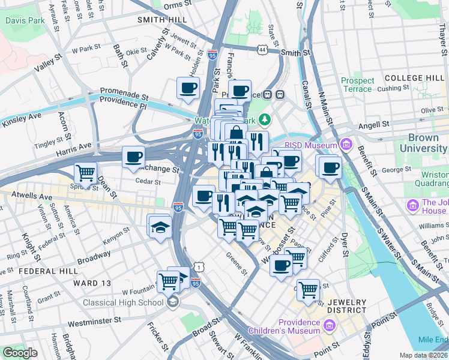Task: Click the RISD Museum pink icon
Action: (x=345, y=144)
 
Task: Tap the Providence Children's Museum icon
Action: (x=329, y=326)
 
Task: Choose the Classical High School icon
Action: (x=173, y=301)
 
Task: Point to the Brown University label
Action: (x=415, y=142)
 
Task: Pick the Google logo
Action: (x=20, y=353)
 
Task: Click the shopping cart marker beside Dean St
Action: (x=86, y=173)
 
